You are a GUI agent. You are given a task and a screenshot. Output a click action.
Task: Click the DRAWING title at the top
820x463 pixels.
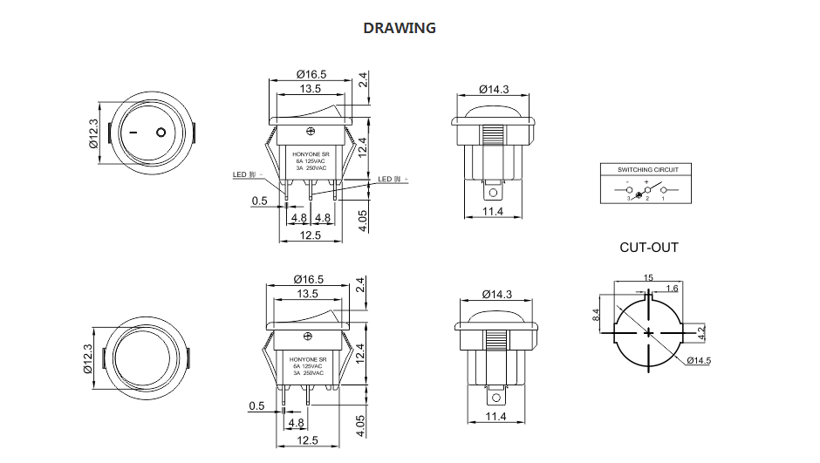point(399,28)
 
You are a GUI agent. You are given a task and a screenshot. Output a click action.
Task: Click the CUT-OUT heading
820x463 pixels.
point(648,248)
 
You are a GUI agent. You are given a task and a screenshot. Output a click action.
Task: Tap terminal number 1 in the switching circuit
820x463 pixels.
point(663,199)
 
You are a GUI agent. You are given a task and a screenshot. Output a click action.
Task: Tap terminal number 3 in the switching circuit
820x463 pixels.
point(627,199)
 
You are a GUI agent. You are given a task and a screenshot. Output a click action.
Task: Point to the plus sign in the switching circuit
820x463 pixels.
point(646,181)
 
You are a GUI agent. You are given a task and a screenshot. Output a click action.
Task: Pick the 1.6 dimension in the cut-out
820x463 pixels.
point(672,288)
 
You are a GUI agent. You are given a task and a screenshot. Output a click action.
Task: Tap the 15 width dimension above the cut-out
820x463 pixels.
point(647,277)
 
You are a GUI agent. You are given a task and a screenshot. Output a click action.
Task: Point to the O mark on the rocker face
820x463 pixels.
point(161,133)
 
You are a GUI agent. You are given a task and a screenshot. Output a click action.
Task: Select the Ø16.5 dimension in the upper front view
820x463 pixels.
point(311,74)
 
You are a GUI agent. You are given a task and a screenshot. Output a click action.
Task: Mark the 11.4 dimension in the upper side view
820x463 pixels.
point(493,212)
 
